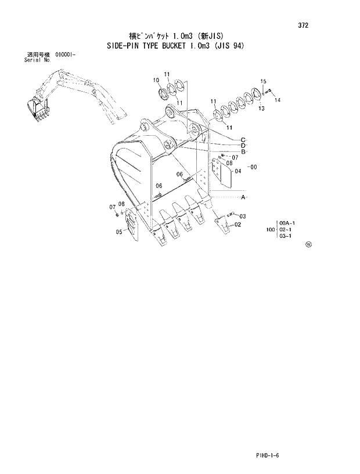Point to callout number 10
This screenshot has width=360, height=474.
[156, 80]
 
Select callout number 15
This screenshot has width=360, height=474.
[263, 81]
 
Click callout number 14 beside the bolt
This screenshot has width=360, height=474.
[278, 100]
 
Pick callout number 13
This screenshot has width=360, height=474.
[261, 108]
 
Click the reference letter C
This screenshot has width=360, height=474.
[244, 139]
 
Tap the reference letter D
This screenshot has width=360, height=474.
[244, 146]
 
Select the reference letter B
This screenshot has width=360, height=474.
[244, 152]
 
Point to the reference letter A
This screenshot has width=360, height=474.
[244, 198]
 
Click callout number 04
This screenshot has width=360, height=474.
[237, 171]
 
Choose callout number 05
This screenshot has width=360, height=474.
[118, 232]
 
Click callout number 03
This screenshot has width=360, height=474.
[242, 216]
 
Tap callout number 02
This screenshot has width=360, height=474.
[238, 225]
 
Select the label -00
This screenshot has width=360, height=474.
[252, 168]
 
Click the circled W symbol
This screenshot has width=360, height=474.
[308, 245]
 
